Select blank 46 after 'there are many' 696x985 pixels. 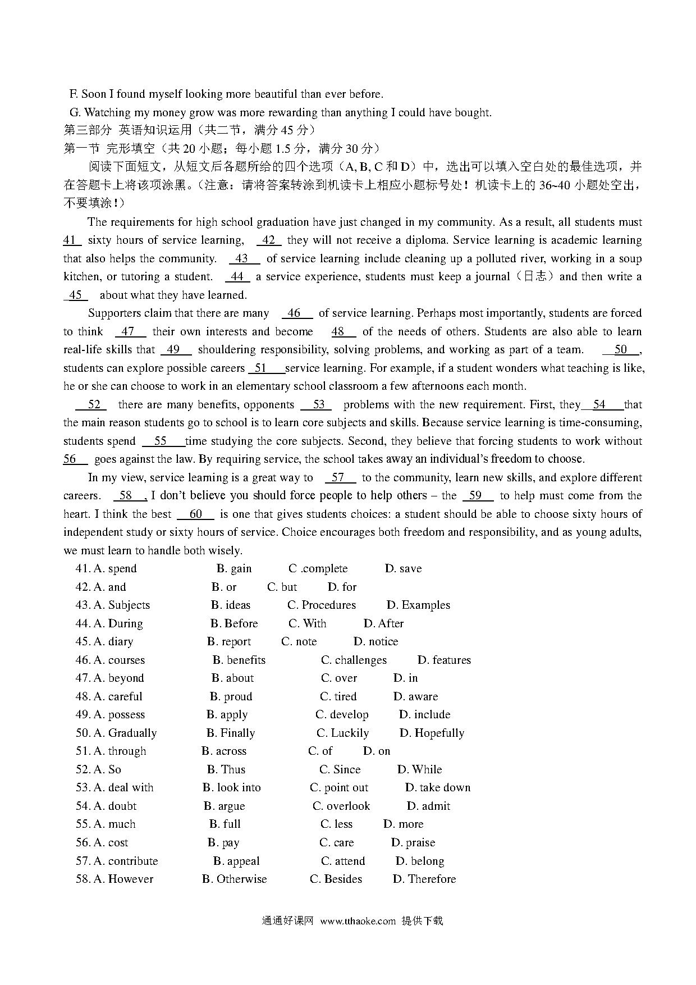coord(294,313)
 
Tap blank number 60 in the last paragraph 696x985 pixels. coord(195,514)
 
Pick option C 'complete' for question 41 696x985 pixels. coord(318,569)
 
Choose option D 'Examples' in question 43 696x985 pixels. coord(418,605)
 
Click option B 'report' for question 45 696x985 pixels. coord(229,642)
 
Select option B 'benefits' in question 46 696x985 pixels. coord(239,660)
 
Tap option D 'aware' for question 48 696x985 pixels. coord(415,697)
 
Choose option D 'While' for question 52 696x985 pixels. coord(420,770)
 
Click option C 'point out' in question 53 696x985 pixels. coord(339,788)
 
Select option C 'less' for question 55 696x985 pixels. coord(337,824)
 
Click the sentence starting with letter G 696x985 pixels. coord(280,113)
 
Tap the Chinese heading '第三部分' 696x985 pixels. coord(88,131)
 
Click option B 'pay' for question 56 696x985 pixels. coord(223,843)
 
